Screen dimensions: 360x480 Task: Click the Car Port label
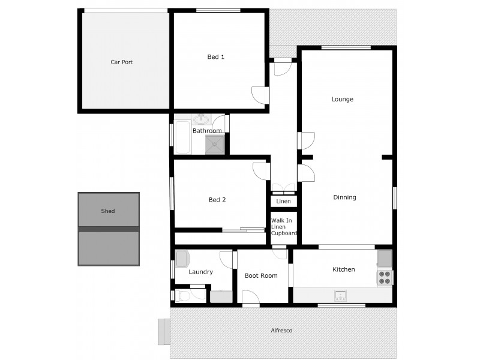(121, 62)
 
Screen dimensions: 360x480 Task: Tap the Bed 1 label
(216, 57)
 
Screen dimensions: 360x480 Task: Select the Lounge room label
(343, 99)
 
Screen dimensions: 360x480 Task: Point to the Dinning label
(344, 197)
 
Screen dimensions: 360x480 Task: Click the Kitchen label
(344, 269)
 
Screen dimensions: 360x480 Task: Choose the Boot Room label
(261, 275)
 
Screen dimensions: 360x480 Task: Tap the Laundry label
(200, 272)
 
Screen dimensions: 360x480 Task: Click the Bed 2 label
(217, 200)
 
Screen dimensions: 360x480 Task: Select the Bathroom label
(207, 131)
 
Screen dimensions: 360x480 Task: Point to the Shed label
(108, 211)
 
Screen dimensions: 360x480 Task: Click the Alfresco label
(281, 331)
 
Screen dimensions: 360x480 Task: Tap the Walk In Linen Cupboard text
(283, 227)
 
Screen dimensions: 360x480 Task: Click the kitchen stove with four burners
(385, 277)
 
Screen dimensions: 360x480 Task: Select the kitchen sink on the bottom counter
(340, 295)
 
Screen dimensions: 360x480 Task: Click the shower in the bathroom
(216, 145)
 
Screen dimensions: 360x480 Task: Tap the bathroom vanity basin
(201, 118)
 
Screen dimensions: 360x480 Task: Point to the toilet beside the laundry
(183, 296)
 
